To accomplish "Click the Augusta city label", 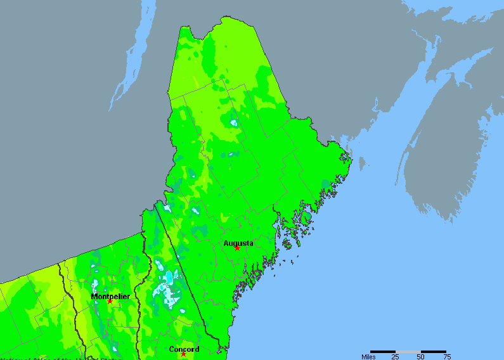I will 238,243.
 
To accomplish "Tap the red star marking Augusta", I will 237,248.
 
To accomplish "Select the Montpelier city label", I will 110,296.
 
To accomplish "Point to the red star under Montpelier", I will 110,301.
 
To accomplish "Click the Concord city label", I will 184,349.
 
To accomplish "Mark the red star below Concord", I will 183,354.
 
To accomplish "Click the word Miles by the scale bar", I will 368,356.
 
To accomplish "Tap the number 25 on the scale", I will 395,356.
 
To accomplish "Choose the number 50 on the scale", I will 420,356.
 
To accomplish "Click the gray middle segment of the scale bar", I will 408,351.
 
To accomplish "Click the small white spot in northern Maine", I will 233,122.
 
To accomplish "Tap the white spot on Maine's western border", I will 167,207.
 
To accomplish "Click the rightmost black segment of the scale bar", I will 433,351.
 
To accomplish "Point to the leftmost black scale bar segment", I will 383,351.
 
